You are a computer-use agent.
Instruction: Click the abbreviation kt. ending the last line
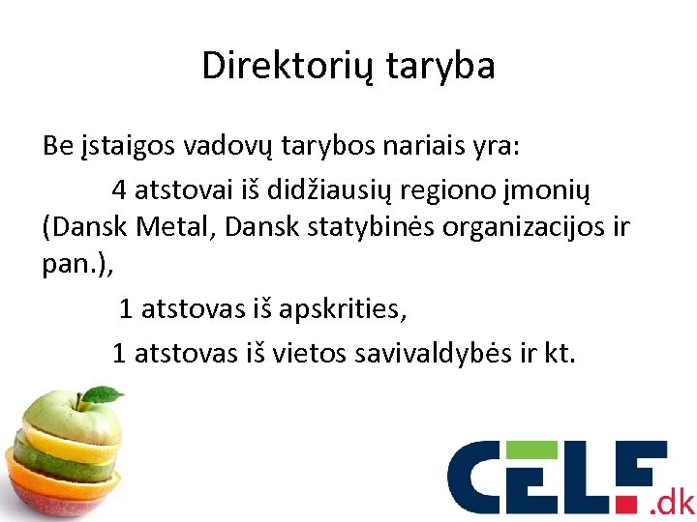pos(560,353)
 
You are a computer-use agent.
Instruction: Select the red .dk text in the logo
pos(672,502)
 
